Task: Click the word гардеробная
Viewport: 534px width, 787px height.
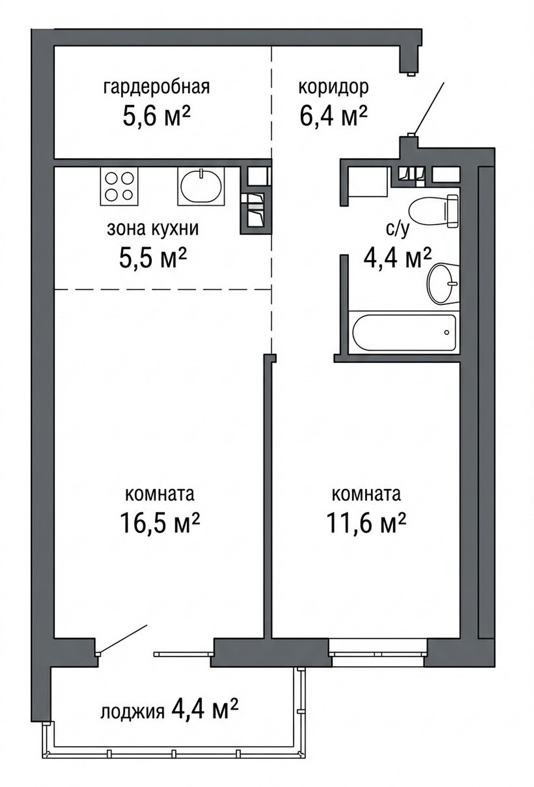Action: [156, 88]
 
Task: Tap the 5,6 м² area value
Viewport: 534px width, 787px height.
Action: [157, 115]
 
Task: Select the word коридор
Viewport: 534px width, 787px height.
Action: [333, 88]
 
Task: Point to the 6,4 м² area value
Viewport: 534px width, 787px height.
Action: [333, 115]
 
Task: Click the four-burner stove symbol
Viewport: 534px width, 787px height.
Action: [119, 186]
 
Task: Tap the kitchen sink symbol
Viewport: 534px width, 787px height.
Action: [201, 186]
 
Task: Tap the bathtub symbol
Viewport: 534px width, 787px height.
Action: [404, 333]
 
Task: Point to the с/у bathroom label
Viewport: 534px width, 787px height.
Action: [397, 229]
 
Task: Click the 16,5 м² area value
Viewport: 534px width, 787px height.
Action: [160, 523]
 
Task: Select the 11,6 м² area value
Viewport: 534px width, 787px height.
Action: [366, 523]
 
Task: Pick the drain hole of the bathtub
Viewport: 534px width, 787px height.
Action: [447, 333]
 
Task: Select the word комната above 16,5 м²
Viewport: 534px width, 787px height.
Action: [160, 494]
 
